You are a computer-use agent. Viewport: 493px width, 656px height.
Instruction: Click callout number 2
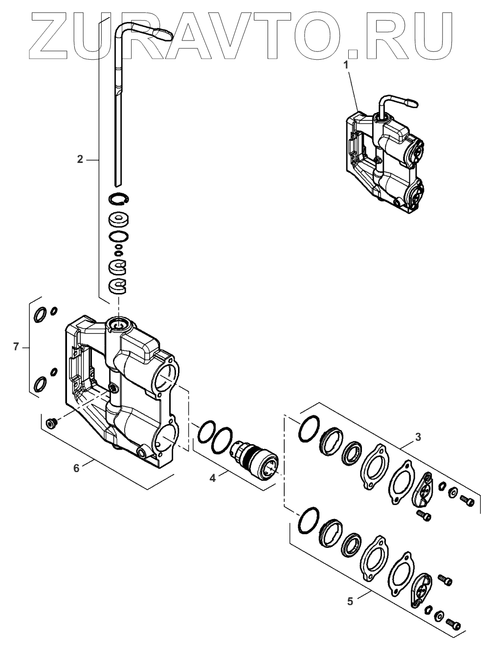[x=80, y=159]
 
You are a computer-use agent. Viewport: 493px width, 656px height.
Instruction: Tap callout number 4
[x=212, y=477]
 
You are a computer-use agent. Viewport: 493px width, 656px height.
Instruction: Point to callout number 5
[x=350, y=601]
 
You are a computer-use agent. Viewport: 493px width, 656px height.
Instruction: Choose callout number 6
[x=76, y=468]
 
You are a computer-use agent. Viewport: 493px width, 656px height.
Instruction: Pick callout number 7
[x=16, y=347]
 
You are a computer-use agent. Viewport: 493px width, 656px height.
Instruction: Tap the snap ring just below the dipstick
[x=118, y=197]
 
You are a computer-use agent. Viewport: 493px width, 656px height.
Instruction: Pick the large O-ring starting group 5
[x=308, y=520]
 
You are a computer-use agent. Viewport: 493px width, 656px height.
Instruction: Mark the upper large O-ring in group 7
[x=40, y=315]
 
